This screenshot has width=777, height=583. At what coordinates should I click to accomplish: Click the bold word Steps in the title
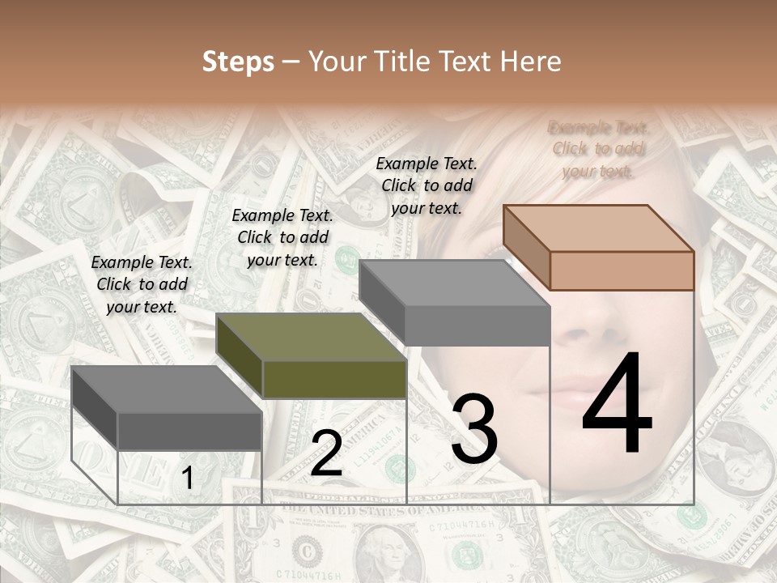tap(238, 62)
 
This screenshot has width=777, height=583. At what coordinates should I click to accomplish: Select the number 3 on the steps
tap(473, 429)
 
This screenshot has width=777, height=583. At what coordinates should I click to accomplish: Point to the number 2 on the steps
tap(326, 453)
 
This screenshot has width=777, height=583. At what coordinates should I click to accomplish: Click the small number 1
tap(187, 479)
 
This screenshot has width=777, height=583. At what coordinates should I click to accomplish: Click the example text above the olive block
tap(282, 237)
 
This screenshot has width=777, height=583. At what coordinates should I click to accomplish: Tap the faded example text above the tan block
tap(599, 149)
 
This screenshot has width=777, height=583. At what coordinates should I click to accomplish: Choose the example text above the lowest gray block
tap(142, 284)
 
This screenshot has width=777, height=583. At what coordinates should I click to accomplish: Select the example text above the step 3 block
tap(427, 185)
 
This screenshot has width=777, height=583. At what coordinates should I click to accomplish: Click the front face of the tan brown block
tap(622, 270)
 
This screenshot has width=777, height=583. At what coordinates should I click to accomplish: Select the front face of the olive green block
tap(334, 379)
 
